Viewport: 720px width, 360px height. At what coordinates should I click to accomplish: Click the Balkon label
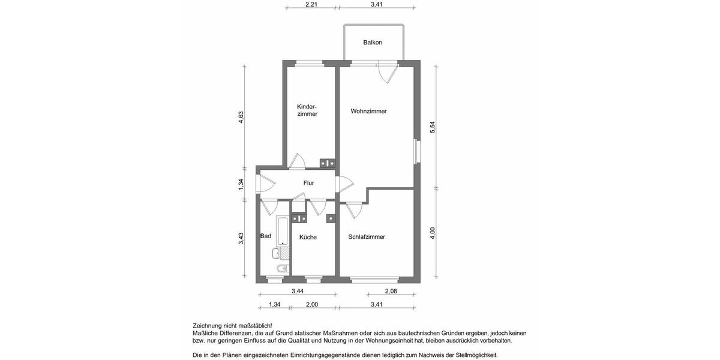tap(373, 43)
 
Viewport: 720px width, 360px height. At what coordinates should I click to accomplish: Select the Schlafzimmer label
tap(367, 237)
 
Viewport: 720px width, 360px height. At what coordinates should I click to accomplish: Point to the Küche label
tap(308, 238)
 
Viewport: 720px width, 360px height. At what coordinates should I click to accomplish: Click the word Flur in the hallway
tap(308, 183)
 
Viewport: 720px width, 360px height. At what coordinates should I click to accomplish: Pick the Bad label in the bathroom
tap(266, 236)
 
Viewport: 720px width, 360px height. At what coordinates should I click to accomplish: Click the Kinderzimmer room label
tap(307, 110)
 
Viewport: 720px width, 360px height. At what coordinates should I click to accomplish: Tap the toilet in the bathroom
tap(281, 268)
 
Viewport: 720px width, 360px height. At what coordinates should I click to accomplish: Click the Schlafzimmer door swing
tap(353, 209)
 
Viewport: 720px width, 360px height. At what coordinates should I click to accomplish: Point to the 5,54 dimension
tap(432, 127)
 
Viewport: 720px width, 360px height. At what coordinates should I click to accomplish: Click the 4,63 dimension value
tap(241, 117)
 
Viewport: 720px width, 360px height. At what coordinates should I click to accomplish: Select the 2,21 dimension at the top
tap(311, 5)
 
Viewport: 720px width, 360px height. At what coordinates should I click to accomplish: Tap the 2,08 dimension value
tap(391, 292)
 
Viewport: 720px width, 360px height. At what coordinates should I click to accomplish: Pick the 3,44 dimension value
tap(297, 292)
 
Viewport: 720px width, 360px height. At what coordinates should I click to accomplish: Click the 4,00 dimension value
tap(433, 233)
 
